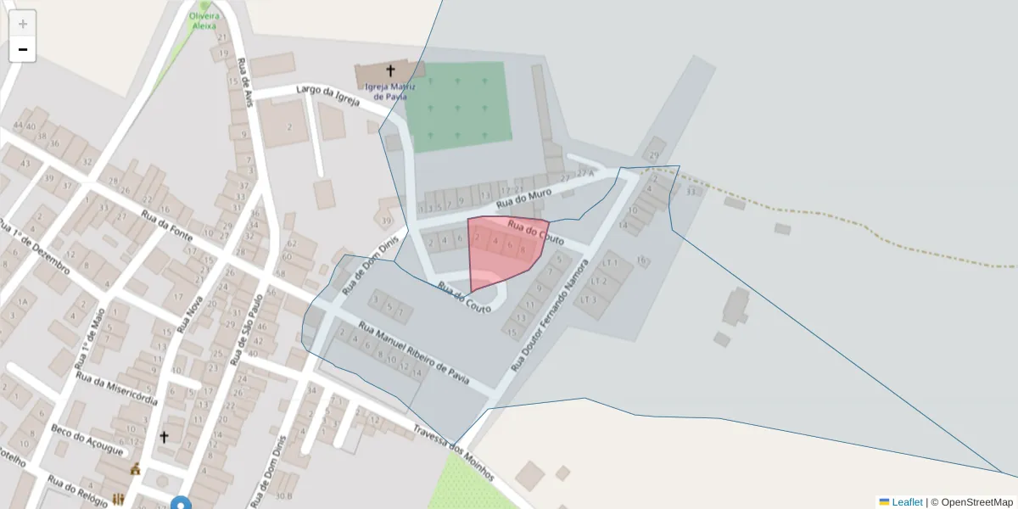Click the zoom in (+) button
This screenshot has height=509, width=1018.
(23, 24)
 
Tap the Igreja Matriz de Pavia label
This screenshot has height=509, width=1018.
(390, 92)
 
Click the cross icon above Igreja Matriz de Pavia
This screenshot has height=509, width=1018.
(390, 71)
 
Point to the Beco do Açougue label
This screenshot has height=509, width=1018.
(87, 439)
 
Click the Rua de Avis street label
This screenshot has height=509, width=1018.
(247, 85)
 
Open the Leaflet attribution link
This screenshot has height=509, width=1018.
(906, 502)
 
